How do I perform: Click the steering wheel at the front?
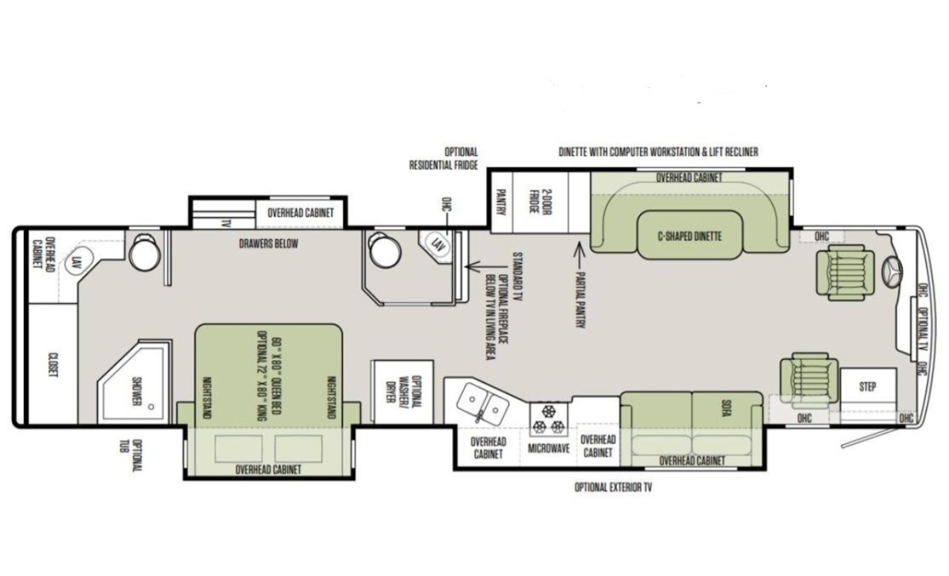tap(892, 271)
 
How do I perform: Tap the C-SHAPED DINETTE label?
tap(690, 236)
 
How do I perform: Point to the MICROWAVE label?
tap(549, 449)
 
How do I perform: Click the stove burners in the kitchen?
tap(549, 419)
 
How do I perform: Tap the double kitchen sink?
tap(482, 402)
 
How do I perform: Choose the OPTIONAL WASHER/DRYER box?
tap(402, 391)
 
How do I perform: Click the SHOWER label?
tap(136, 391)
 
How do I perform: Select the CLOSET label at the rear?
tap(53, 365)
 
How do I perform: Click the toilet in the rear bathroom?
tap(145, 253)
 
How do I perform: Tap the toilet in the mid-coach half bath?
tap(384, 250)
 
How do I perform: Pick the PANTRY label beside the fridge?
tap(501, 203)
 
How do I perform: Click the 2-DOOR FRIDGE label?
tap(540, 203)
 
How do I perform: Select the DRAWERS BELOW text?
tap(269, 244)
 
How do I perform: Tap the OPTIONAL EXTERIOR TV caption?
tap(613, 487)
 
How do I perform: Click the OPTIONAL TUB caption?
tap(130, 456)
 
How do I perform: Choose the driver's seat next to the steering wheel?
tap(845, 273)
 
